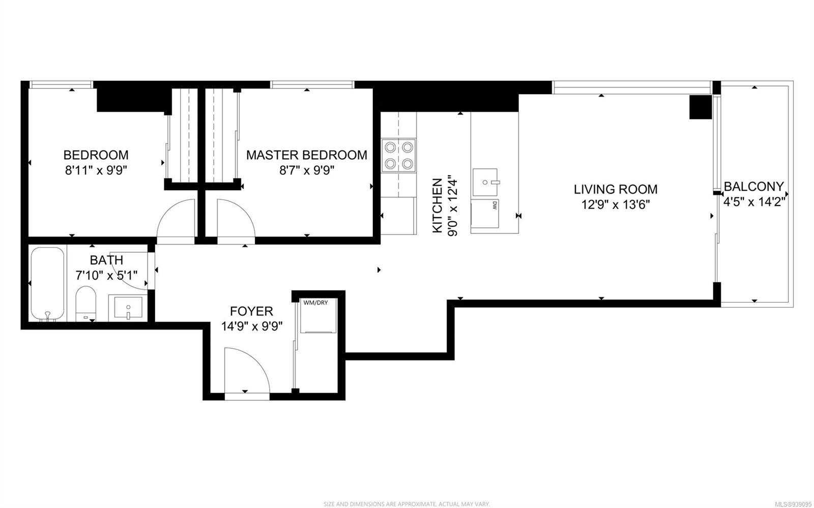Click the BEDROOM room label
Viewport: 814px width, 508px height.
coord(96,155)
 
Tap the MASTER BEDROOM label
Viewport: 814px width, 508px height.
coord(307,155)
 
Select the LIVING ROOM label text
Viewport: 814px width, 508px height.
coord(616,189)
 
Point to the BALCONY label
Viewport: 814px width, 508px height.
coord(754,186)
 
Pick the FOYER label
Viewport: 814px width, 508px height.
coord(251,311)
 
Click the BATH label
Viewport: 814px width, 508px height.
coord(106,260)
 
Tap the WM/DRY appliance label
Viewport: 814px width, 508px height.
coord(315,303)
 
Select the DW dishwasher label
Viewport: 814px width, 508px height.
coord(495,206)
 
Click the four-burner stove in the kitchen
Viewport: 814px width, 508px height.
coord(399,156)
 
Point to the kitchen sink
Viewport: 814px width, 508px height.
coord(485,182)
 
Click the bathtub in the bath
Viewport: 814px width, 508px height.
coord(47,284)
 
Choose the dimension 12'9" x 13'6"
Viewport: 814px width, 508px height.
coord(616,205)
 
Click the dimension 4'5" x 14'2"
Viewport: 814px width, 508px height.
coord(754,201)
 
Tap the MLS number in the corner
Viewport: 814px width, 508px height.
coord(793,504)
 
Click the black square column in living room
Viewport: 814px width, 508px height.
coord(701,107)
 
